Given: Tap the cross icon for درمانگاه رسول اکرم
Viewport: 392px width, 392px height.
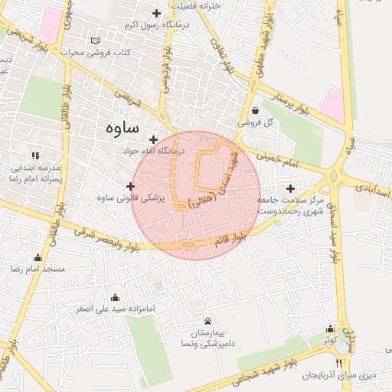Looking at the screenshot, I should pos(157,13).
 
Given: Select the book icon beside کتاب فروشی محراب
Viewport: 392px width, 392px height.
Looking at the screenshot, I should pos(95,41).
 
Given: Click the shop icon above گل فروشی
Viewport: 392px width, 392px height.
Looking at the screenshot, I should pos(254,109).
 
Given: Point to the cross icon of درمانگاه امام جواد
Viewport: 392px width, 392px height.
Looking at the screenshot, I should pos(155,139).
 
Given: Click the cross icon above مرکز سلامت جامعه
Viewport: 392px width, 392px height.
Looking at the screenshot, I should pos(289,188).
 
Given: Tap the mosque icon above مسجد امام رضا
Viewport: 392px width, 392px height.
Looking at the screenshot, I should pos(38,257).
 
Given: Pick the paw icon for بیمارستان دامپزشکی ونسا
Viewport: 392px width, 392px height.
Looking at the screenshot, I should pos(208,321).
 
